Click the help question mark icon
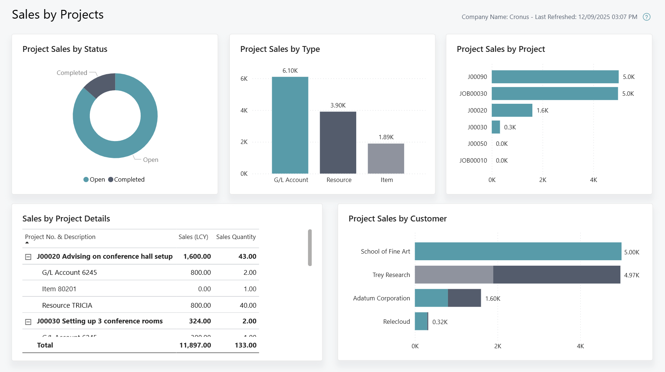coord(646,17)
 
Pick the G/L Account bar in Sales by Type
coord(290,125)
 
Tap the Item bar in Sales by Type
coord(386,159)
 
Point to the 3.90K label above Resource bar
coord(338,105)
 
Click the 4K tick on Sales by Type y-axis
coord(244,110)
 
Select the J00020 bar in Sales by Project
coord(512,110)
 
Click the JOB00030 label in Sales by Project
coord(473,94)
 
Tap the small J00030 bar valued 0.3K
coord(496,127)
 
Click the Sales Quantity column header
coord(236,237)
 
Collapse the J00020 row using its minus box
coord(28,257)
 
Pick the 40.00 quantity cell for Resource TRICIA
coord(248,305)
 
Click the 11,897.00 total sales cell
coord(195,345)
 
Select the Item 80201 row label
coord(59,289)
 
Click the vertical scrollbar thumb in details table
coord(310,247)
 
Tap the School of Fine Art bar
coord(518,251)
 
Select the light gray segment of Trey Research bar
coord(454,275)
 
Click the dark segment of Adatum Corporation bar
coord(464,298)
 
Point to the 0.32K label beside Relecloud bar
coord(440,322)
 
